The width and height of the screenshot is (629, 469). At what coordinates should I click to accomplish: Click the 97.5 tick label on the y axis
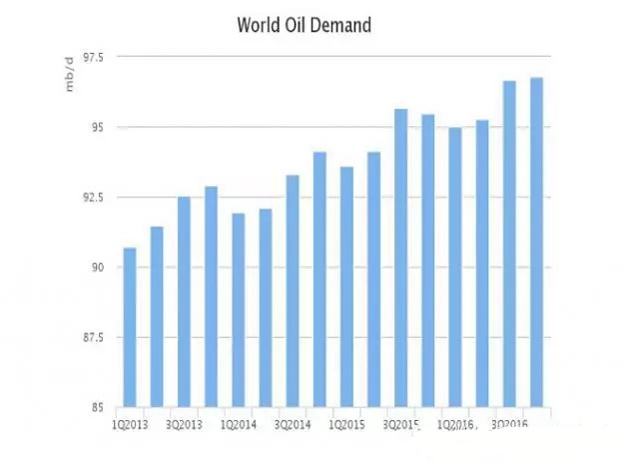96,57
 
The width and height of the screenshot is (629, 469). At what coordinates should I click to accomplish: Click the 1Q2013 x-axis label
130,424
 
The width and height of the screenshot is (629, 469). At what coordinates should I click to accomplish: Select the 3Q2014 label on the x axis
293,424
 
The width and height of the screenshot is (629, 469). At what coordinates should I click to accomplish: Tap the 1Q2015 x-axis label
346,424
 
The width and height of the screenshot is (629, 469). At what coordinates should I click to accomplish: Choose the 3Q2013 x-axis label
184,424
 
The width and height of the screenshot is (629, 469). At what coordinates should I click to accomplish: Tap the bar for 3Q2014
293,291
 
